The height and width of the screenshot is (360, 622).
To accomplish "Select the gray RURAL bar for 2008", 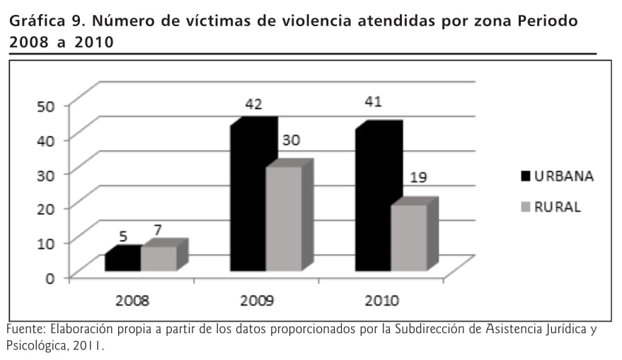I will click(x=159, y=258).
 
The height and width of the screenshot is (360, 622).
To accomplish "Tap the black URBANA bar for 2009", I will click(x=248, y=198).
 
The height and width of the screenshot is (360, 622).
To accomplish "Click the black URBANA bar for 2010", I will click(x=373, y=200).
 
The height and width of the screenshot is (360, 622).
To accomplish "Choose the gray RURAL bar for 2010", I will click(x=409, y=237).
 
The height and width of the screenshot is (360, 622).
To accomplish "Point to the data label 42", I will click(x=254, y=105).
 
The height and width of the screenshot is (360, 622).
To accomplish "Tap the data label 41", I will click(x=373, y=102).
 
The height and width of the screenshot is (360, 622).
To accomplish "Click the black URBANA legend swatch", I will click(x=525, y=176).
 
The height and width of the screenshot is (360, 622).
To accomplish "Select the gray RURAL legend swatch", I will click(x=525, y=208).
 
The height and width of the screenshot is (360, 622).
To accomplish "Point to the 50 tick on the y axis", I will click(x=46, y=106).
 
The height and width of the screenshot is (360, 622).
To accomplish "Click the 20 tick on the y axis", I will click(x=46, y=209).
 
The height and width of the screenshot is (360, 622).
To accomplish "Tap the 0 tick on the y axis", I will click(x=50, y=277).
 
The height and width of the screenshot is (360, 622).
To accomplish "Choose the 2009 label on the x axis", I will click(x=258, y=301).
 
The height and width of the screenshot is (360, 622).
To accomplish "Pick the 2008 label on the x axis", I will click(x=132, y=301).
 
